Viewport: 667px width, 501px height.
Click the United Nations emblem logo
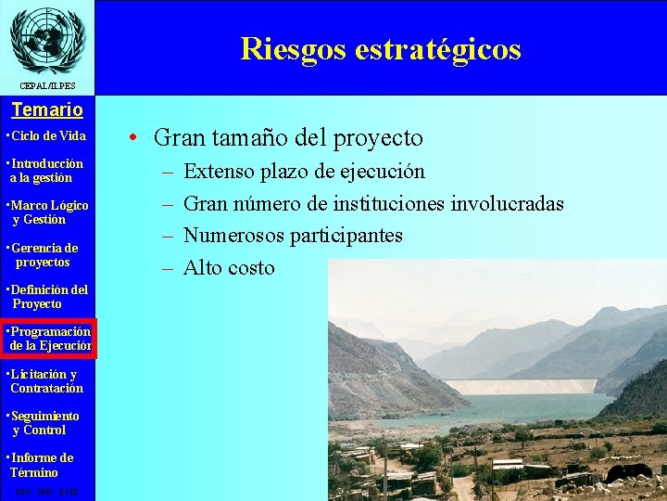[x=46, y=39]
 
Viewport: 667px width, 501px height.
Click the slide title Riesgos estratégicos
[x=380, y=48]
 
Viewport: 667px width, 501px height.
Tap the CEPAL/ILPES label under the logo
[x=46, y=86]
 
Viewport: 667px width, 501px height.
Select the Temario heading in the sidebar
[x=47, y=109]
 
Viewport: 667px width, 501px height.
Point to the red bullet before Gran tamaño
[x=135, y=139]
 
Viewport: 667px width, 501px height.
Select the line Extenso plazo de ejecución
[x=304, y=172]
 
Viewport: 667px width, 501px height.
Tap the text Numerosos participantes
[x=293, y=236]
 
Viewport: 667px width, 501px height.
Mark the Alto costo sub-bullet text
[x=229, y=268]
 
